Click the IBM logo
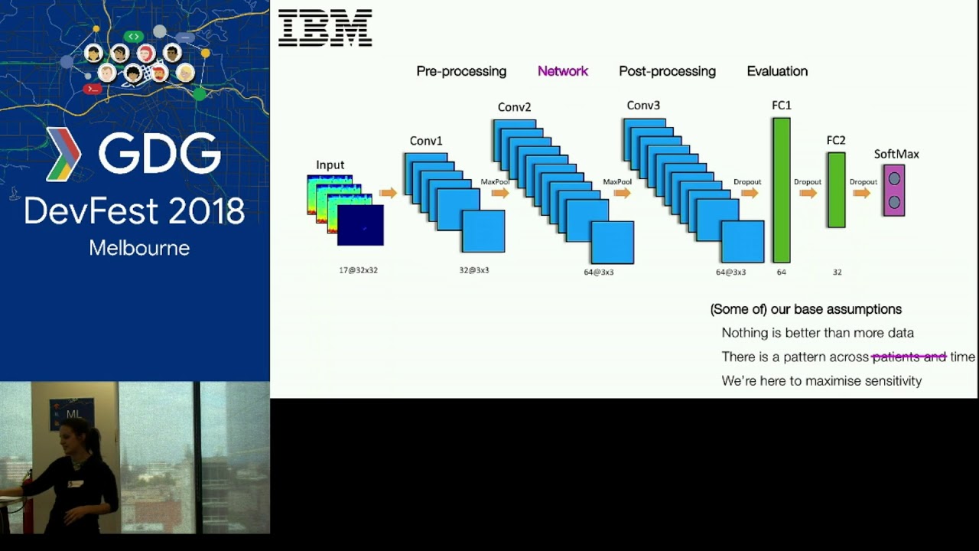(325, 28)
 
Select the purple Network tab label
(562, 71)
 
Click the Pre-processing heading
(461, 71)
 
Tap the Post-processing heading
(667, 71)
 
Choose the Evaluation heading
(777, 71)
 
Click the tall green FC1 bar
(781, 190)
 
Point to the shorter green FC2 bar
(836, 190)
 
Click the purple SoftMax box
(894, 191)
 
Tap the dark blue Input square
(360, 226)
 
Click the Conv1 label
(426, 141)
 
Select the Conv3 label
(643, 106)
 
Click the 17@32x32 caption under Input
(358, 270)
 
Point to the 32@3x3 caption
(474, 270)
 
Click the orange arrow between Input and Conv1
(389, 193)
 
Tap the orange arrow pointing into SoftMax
(862, 193)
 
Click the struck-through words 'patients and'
(909, 357)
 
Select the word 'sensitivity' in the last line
(893, 380)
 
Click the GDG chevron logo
(63, 154)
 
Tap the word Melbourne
(139, 248)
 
